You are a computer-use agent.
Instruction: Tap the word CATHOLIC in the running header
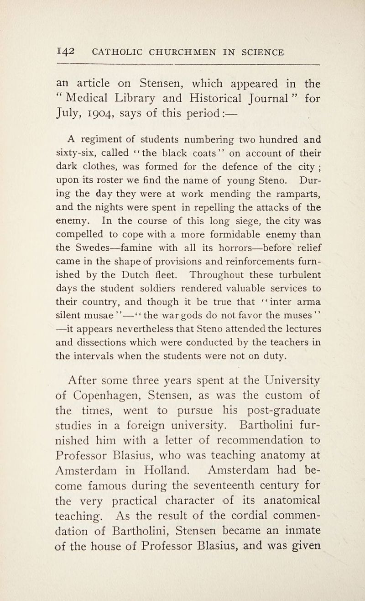[121, 53]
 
